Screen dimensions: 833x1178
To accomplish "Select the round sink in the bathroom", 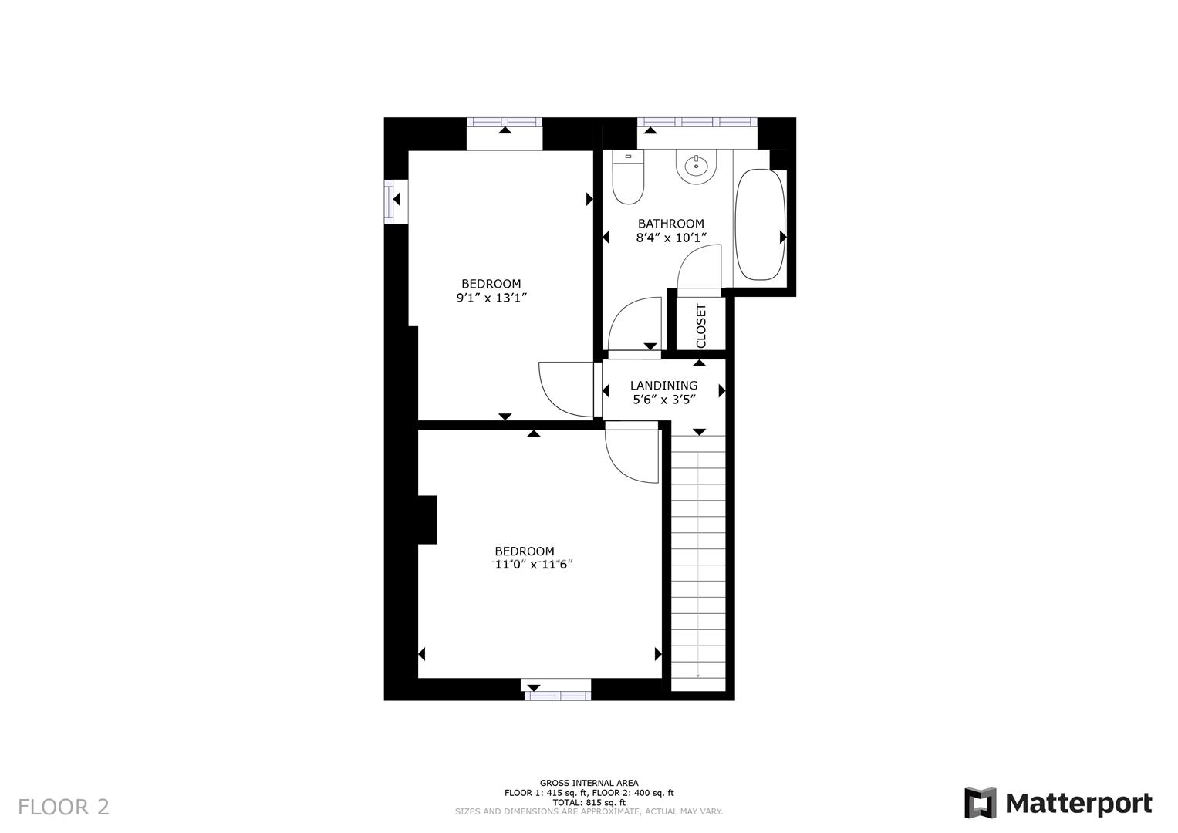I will [x=696, y=165].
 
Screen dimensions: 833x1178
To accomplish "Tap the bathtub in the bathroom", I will [x=760, y=224].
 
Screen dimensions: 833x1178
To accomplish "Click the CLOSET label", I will [x=700, y=325].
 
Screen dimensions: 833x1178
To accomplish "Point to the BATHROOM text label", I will [x=670, y=224].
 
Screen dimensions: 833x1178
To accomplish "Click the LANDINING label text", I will [x=663, y=386].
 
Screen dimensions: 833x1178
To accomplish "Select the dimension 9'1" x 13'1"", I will [x=491, y=298].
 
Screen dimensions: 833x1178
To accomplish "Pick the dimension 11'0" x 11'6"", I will [x=533, y=565].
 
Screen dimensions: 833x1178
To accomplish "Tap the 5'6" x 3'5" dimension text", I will [x=663, y=400].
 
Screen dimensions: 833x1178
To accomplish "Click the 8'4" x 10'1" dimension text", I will [x=670, y=238].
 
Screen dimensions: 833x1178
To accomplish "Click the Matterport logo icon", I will [x=980, y=803].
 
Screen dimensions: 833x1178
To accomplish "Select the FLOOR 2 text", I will [x=63, y=807].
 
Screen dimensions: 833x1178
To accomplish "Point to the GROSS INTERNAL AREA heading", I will [x=589, y=783].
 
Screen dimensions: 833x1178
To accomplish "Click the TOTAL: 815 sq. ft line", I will [x=589, y=802].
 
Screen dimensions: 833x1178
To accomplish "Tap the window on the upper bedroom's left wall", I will [x=390, y=201].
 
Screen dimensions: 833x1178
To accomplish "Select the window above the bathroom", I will [x=697, y=122].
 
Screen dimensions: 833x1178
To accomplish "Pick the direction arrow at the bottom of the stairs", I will [x=698, y=674].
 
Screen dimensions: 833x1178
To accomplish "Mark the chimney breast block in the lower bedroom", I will [x=427, y=519].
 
